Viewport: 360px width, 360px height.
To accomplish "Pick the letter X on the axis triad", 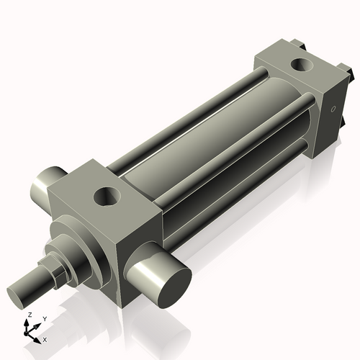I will [x=45, y=338].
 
